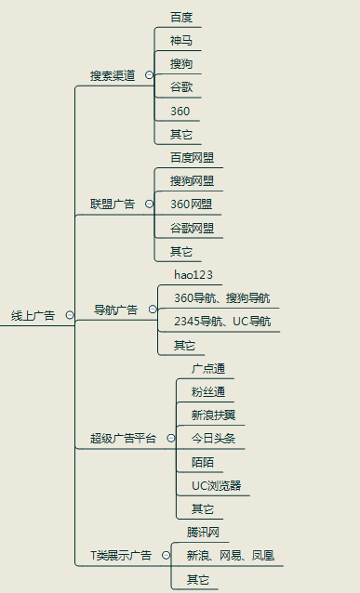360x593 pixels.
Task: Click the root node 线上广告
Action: coord(33,316)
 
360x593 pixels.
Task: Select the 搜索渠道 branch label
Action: coord(112,75)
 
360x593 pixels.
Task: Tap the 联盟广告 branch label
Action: coord(112,204)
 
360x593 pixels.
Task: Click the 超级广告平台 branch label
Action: coord(123,438)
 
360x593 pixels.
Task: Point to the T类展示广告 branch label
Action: coord(120,556)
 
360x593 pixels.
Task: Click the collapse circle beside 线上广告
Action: coord(70,316)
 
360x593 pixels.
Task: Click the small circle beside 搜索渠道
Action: coord(149,75)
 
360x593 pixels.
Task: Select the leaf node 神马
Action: coord(181,41)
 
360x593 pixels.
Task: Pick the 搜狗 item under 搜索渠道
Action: coord(181,64)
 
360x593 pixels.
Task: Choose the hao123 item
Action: coord(193,274)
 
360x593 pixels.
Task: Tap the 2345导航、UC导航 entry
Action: coord(222,322)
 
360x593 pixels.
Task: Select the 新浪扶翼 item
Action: coord(213,415)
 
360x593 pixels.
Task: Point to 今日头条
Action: coord(213,438)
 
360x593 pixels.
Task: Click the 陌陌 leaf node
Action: coord(202,462)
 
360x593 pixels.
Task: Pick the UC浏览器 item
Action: coord(216,485)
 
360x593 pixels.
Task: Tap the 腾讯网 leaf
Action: coord(203,533)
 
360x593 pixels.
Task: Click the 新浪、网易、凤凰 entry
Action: coord(230,556)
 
